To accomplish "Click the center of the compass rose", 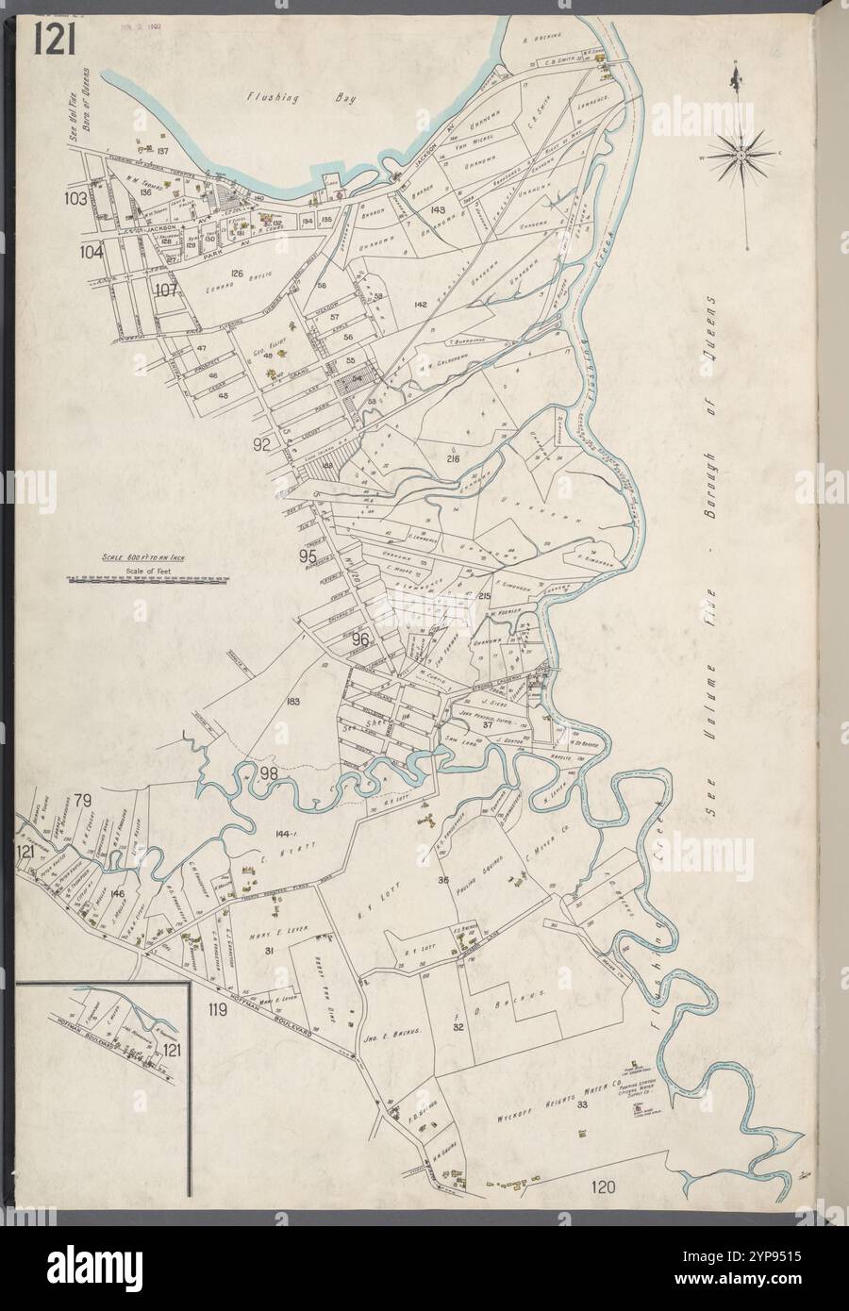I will pos(742,153).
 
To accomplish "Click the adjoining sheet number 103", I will pos(76,199).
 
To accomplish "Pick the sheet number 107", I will pos(167,290).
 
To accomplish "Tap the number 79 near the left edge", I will pos(84,802).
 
